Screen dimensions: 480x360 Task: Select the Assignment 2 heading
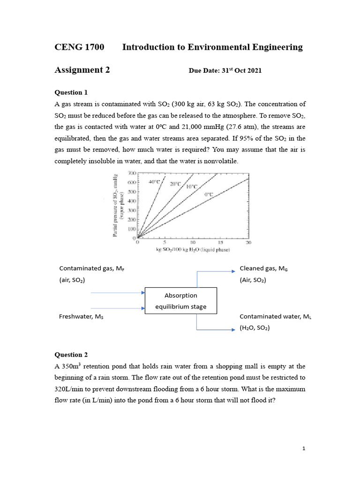82,70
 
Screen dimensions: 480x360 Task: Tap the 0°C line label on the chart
208,194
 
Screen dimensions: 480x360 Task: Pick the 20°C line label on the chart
175,184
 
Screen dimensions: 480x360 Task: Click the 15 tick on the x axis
220,243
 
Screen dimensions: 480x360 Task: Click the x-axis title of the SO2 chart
193,250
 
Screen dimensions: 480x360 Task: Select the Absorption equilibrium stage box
181,301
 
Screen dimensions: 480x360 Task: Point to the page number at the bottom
304,449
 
